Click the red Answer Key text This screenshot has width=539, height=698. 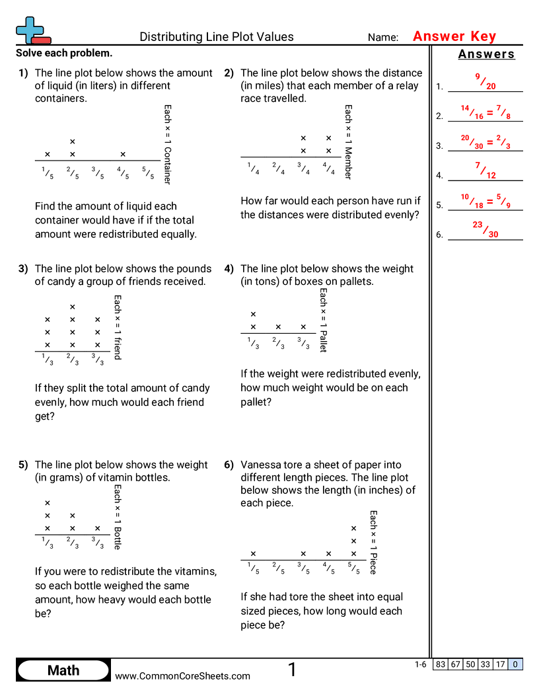(x=454, y=36)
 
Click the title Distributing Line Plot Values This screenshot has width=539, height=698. (x=217, y=37)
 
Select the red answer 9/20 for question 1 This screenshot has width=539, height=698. (x=485, y=81)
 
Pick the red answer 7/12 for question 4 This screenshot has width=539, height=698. (x=485, y=171)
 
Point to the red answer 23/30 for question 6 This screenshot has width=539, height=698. (x=485, y=229)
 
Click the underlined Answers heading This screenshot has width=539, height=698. (x=486, y=55)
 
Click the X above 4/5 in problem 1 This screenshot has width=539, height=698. (x=123, y=155)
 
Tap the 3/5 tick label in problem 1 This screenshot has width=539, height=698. (x=98, y=173)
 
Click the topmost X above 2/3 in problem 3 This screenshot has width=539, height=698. (x=73, y=307)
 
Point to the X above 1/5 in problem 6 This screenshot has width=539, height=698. (x=253, y=554)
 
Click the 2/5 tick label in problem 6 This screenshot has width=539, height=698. (x=278, y=569)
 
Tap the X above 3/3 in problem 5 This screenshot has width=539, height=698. (x=98, y=529)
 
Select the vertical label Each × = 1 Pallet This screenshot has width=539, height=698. (x=324, y=320)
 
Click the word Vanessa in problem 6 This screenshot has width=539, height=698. (x=260, y=465)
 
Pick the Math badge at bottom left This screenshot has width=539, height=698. (x=63, y=670)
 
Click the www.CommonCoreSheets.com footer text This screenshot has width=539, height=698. (x=182, y=676)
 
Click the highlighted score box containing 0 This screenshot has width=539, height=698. (x=515, y=664)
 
